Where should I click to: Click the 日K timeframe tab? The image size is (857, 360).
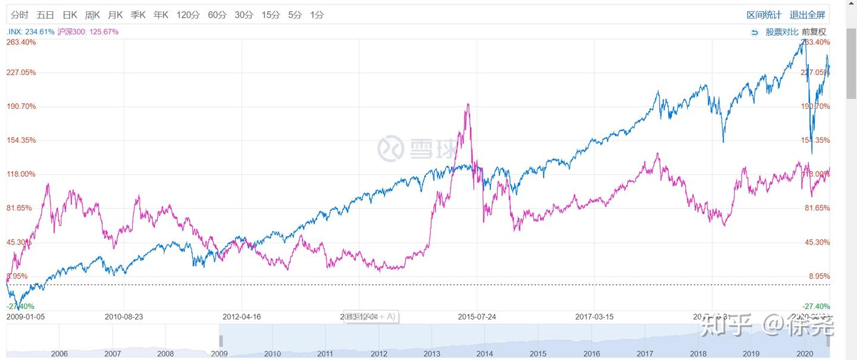pos(70,15)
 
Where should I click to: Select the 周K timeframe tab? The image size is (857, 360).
pos(92,15)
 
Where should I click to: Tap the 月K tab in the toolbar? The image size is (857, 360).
pos(115,15)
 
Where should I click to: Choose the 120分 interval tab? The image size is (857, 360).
pos(187,15)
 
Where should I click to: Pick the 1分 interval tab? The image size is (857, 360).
pos(317,15)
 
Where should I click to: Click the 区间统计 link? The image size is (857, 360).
pos(764,15)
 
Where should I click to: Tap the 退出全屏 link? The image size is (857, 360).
pos(808,15)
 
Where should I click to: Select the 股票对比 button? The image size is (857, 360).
pos(781,32)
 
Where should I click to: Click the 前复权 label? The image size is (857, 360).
pos(814,32)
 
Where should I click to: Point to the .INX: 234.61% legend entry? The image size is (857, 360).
pos(30,32)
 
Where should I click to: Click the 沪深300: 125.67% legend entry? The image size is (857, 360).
pos(88,32)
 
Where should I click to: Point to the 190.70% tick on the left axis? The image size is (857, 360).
pos(21,107)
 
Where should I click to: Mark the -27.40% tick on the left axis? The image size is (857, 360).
pos(21,306)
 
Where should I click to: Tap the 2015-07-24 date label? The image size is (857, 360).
pos(476,317)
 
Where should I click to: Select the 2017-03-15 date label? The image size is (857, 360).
pos(594,317)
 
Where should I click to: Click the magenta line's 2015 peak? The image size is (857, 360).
pos(468,104)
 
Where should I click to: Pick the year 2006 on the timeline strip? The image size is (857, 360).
pos(60,353)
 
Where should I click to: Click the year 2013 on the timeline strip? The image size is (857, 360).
pos(432,353)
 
